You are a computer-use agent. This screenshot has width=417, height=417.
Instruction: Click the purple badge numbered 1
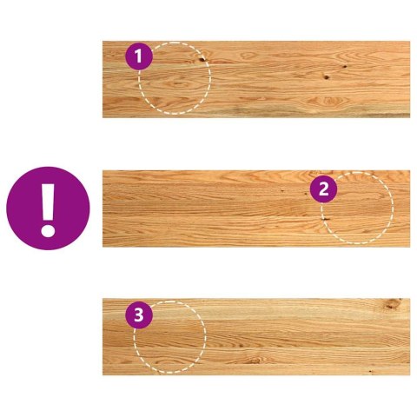[139, 57]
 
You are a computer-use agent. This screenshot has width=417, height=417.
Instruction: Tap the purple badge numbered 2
[323, 188]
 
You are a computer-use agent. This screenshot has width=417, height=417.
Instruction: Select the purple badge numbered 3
[138, 314]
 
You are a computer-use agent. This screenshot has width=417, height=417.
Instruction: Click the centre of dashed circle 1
[175, 78]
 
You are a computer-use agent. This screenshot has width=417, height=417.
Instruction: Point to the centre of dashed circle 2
[357, 208]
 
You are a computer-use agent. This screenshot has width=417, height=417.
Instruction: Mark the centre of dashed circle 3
[169, 337]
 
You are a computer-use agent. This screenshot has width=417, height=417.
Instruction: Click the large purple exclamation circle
[48, 208]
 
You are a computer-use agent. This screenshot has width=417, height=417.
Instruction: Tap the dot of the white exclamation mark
[48, 232]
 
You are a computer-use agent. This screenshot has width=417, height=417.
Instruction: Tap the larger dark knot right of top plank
[327, 76]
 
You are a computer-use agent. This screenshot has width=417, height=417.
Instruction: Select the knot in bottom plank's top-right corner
[393, 305]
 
